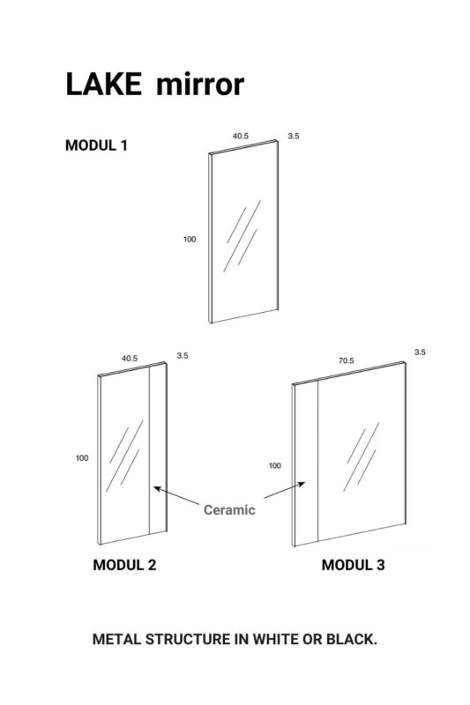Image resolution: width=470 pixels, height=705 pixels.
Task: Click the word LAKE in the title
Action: click(103, 84)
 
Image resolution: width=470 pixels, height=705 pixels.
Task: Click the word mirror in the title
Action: click(200, 84)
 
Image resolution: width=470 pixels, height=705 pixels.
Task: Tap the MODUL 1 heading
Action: click(96, 145)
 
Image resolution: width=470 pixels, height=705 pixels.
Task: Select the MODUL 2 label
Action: click(124, 565)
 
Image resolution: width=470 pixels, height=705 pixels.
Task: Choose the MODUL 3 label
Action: click(353, 565)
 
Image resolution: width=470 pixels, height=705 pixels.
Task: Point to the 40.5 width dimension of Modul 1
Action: click(241, 136)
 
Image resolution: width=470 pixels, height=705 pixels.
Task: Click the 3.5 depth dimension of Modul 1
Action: click(294, 136)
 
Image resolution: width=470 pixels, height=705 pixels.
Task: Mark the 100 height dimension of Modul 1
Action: click(190, 239)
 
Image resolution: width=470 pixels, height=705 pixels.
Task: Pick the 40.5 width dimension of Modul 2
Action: click(130, 359)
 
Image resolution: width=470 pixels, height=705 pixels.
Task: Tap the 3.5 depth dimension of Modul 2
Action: click(183, 356)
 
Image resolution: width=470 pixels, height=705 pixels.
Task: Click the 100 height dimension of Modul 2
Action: click(82, 457)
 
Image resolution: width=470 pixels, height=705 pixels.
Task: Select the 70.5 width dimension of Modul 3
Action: click(346, 360)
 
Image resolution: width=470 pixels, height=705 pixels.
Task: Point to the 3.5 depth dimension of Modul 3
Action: click(420, 352)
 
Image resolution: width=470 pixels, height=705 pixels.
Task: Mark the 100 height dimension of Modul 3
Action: click(275, 465)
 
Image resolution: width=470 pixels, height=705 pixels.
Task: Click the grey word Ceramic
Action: click(229, 510)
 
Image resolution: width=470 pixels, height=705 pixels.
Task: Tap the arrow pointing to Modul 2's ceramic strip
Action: click(176, 495)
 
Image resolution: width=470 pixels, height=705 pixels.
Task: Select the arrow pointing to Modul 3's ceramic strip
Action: click(285, 490)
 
